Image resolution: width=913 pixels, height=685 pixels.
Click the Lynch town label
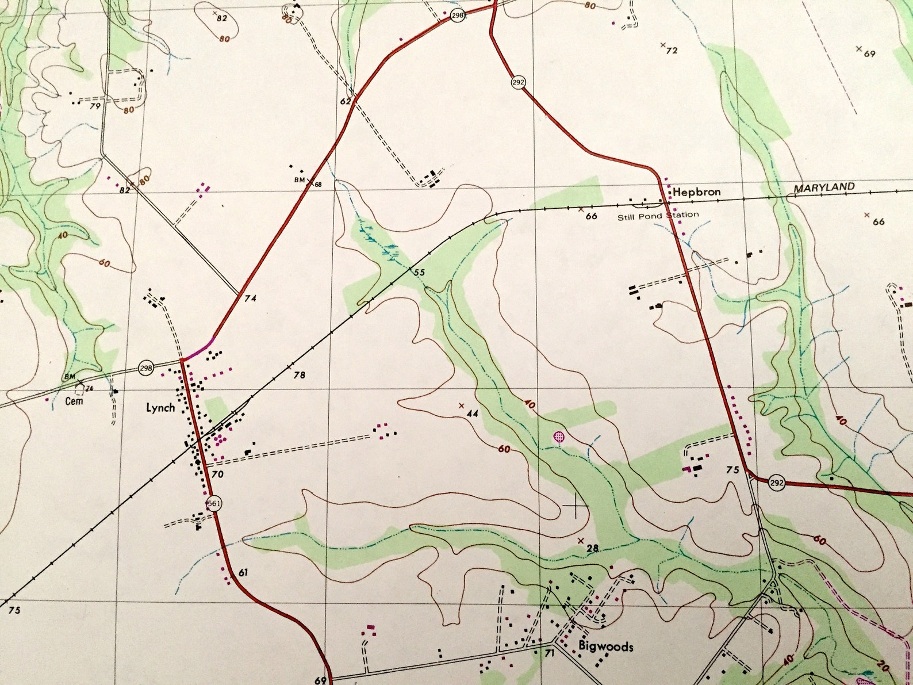pos(160,408)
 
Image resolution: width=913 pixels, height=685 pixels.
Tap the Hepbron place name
pos(696,192)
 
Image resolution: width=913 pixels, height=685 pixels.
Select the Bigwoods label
pos(605,646)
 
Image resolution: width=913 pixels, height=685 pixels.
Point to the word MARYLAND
pos(824,187)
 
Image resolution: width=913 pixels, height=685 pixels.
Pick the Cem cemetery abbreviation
pos(74,401)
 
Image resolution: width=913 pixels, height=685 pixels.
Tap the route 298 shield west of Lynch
pos(146,368)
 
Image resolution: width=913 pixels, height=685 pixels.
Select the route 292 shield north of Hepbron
pos(518,82)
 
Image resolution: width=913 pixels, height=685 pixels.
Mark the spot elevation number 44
pos(473,414)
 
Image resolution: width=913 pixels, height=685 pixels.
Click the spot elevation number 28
pos(593,548)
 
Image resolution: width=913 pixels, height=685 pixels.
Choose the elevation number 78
pos(299,376)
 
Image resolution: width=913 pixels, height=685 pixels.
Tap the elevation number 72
pos(672,51)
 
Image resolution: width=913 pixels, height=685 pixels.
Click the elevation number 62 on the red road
pos(345,101)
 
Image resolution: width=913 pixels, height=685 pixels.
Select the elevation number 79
pos(95,106)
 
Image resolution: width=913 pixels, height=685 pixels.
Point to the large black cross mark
pos(576,506)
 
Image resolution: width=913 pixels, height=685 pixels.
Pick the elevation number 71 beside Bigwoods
pos(549,653)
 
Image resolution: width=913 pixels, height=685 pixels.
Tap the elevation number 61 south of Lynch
pos(243,572)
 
